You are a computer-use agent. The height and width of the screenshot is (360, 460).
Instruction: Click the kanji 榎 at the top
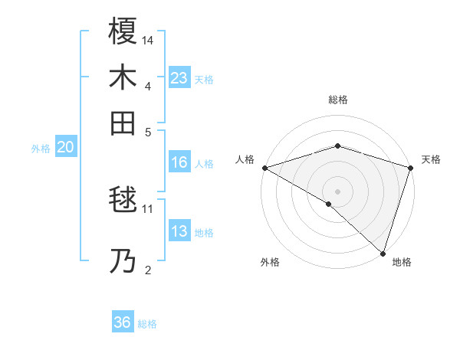(x=123, y=31)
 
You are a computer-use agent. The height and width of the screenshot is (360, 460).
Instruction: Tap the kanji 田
(x=123, y=122)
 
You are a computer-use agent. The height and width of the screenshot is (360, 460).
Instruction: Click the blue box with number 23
(x=179, y=77)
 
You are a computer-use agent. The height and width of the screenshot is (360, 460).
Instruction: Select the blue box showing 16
(x=179, y=162)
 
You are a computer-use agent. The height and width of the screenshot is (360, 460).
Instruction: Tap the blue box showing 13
(x=179, y=232)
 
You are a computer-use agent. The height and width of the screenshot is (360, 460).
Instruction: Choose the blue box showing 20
(x=65, y=148)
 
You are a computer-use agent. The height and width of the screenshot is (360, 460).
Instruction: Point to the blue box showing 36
(x=122, y=322)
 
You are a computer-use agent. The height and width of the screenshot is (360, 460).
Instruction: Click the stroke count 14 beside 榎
(x=148, y=40)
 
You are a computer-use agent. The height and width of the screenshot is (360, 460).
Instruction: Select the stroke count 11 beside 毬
(x=148, y=208)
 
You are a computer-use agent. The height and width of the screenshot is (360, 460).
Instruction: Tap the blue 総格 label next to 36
(x=147, y=324)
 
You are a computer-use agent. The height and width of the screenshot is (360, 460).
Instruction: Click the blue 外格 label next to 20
(x=40, y=149)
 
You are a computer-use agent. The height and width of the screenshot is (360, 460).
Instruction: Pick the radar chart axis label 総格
(x=337, y=100)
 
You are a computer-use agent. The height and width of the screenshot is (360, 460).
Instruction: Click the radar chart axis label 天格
(x=431, y=159)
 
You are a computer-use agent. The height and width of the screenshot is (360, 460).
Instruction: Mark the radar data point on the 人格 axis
(x=264, y=167)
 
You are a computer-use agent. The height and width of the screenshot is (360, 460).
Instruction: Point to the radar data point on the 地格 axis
(x=382, y=252)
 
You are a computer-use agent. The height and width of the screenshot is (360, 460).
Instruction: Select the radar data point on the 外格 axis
(x=329, y=204)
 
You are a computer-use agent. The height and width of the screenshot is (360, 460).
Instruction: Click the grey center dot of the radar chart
(x=337, y=191)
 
